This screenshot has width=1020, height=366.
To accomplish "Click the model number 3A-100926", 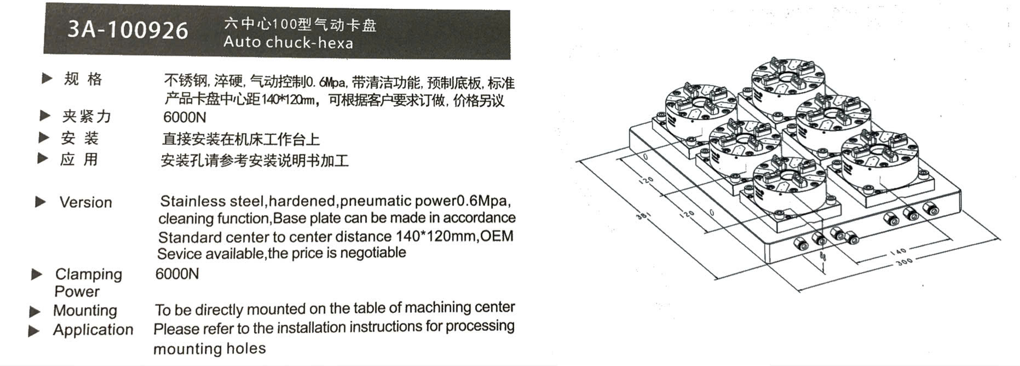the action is [128, 30].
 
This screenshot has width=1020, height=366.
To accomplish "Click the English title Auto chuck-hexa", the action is [289, 43].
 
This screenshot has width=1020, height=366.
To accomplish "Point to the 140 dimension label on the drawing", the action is [898, 251].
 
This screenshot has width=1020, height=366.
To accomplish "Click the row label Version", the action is [86, 202].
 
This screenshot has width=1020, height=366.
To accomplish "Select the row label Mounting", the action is [85, 311].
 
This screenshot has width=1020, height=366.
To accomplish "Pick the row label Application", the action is [93, 330].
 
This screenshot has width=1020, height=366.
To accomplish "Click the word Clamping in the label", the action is [89, 274].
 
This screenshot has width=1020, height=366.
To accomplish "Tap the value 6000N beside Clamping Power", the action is [177, 274].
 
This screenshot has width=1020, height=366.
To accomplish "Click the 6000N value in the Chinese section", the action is [185, 117].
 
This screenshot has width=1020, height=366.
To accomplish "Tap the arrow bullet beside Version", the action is [41, 202].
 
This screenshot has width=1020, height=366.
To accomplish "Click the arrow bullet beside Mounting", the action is [34, 312].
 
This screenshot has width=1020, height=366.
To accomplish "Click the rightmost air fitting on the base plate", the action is [931, 208].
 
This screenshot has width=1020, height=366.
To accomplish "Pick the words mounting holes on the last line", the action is [210, 349].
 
